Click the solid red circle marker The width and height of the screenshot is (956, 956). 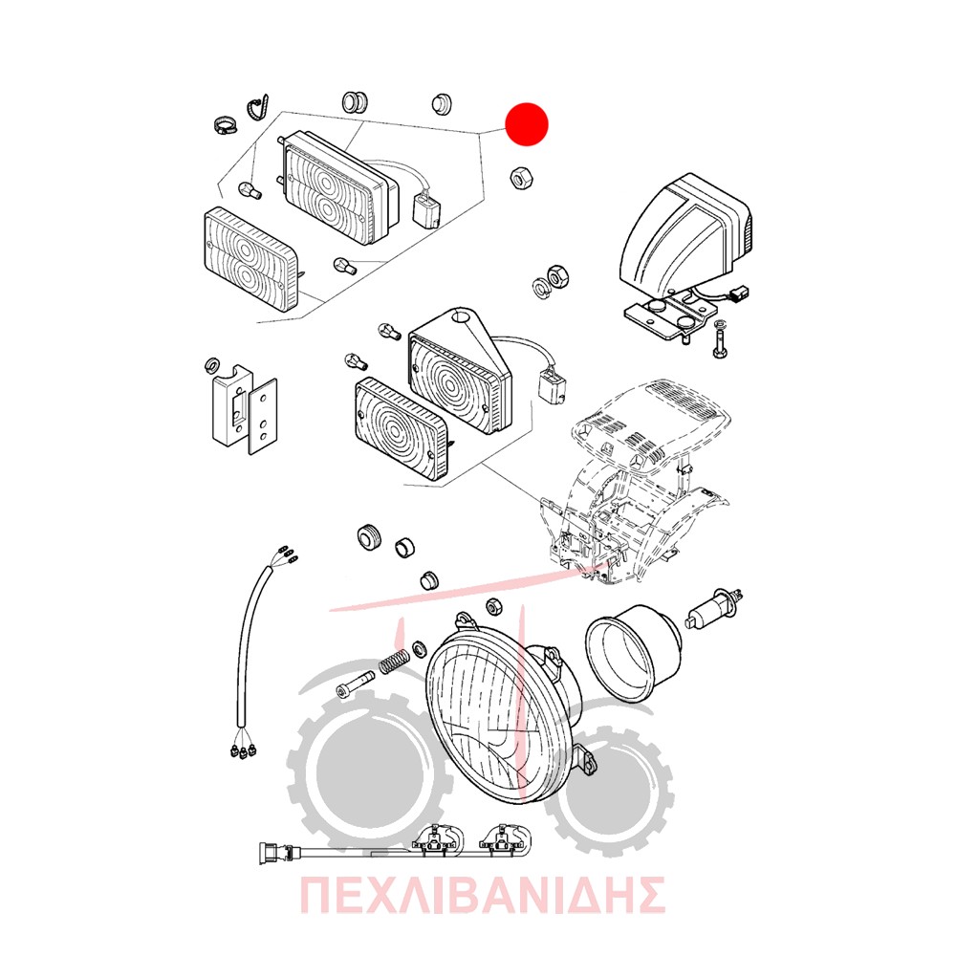point(528,123)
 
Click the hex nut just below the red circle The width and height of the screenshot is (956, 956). point(521,179)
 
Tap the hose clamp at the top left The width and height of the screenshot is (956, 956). point(225,126)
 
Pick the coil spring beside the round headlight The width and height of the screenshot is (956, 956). point(395,661)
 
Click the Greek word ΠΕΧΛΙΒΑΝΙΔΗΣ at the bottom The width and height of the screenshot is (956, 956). point(482,895)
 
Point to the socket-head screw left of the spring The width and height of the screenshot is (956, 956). point(356,684)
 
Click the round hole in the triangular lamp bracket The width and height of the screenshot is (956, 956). point(467,317)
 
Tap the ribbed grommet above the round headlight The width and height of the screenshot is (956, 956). point(369,537)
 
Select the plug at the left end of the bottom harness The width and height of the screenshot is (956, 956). point(269,852)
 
